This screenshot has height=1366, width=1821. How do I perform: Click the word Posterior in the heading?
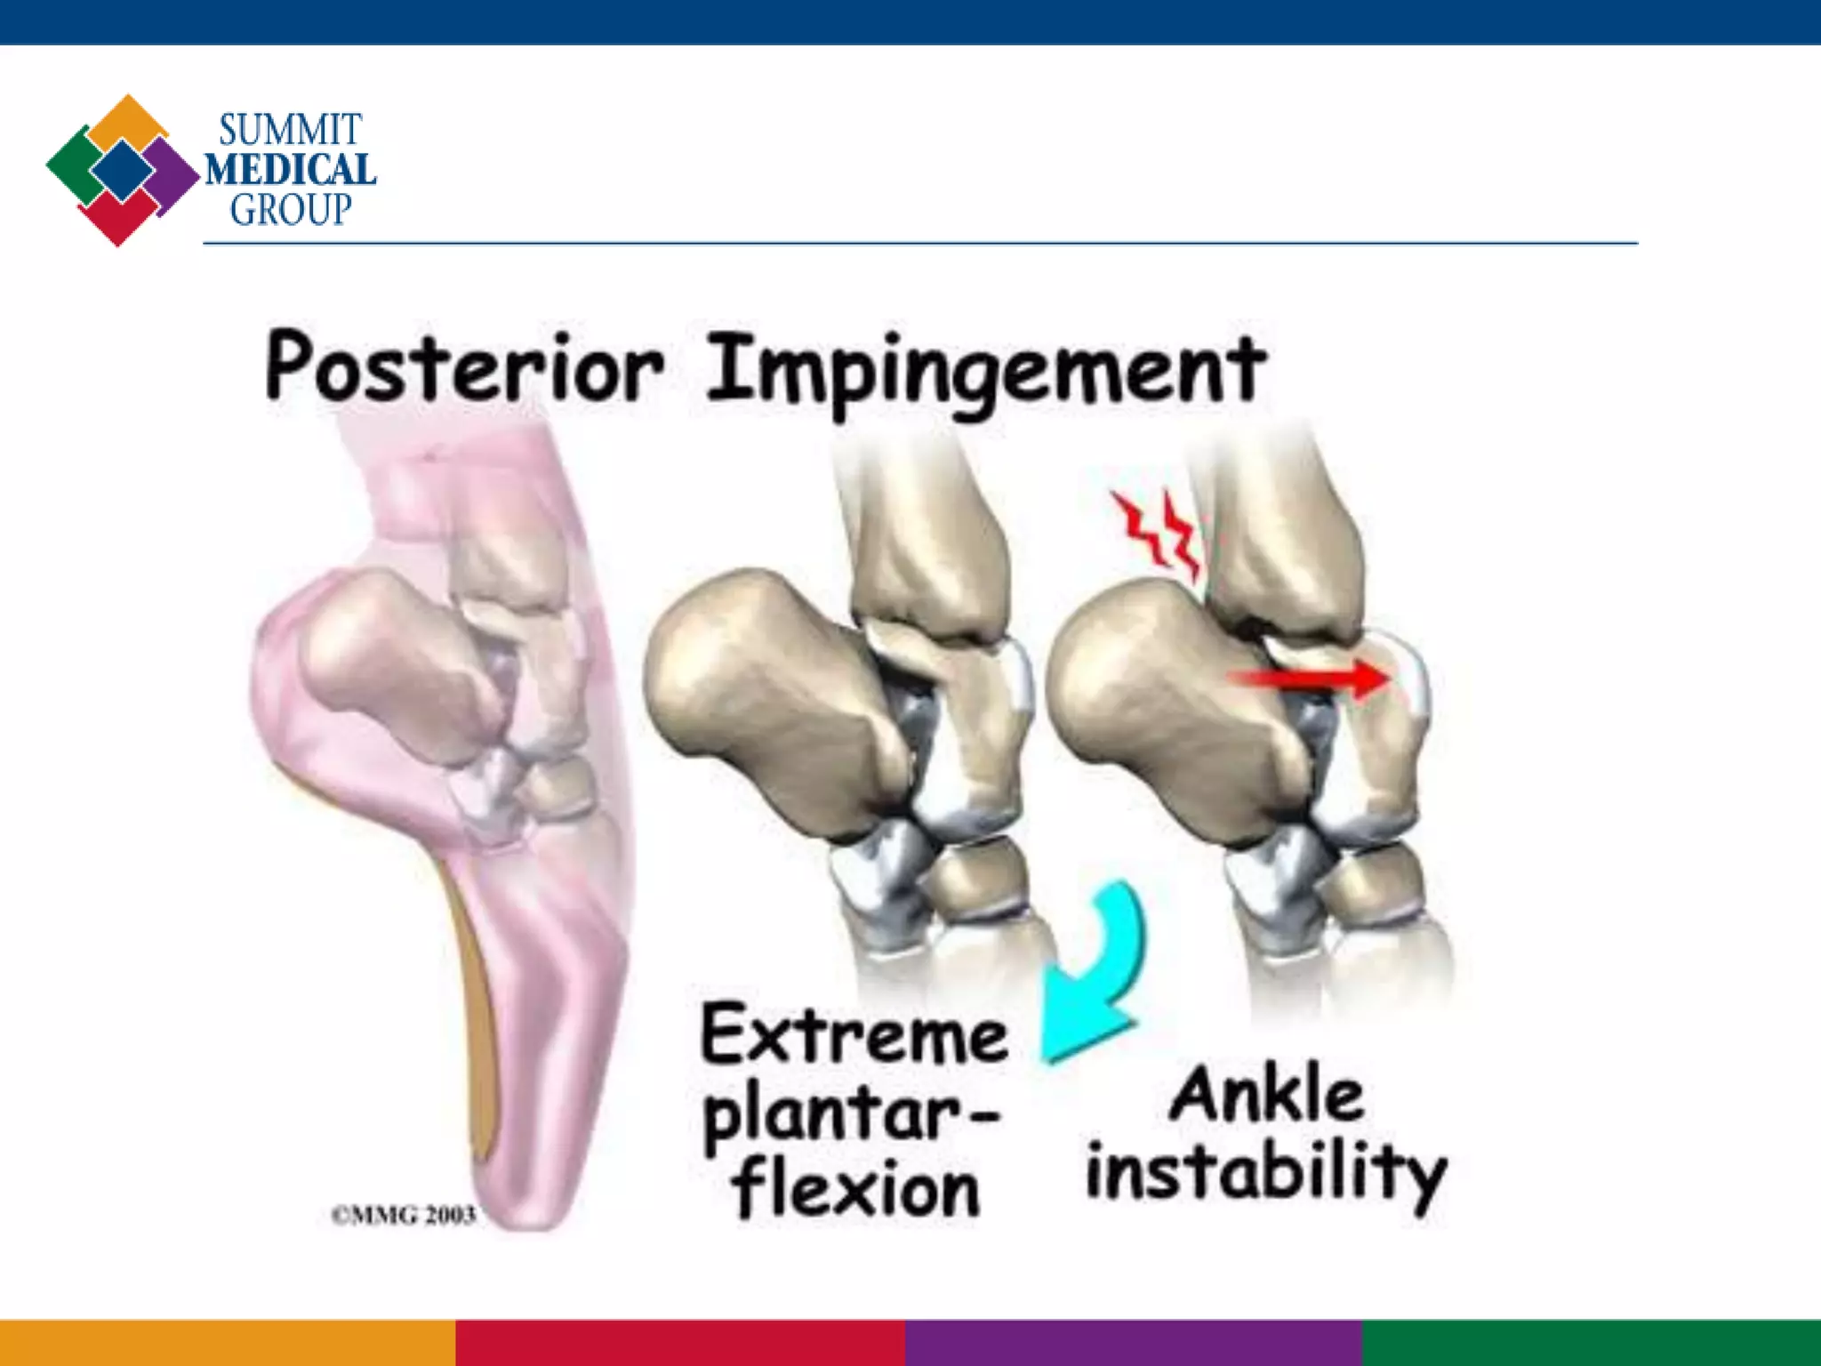(x=464, y=367)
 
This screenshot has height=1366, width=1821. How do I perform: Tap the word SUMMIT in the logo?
(x=290, y=131)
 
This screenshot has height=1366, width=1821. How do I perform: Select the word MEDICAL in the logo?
(x=290, y=169)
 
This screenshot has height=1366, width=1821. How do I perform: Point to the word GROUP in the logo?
(x=291, y=210)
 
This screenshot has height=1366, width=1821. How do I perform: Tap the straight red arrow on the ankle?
(x=1307, y=680)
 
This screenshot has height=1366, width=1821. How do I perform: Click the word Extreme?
(x=854, y=1036)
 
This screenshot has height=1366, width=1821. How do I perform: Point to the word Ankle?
(x=1266, y=1096)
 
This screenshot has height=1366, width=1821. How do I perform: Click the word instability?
(x=1266, y=1174)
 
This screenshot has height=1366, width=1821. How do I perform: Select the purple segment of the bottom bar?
(x=1134, y=1343)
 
